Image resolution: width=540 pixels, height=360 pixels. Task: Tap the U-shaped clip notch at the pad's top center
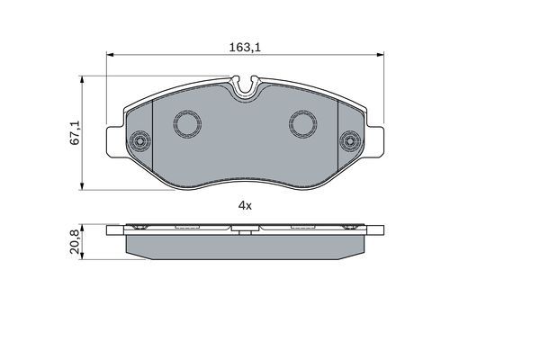[244, 89]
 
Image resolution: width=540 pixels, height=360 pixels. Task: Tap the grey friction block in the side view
[244, 246]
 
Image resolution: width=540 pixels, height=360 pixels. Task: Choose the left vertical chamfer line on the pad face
[154, 135]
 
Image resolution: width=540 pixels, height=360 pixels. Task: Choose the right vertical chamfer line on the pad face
[335, 135]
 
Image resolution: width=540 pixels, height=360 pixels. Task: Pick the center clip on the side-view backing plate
[244, 231]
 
